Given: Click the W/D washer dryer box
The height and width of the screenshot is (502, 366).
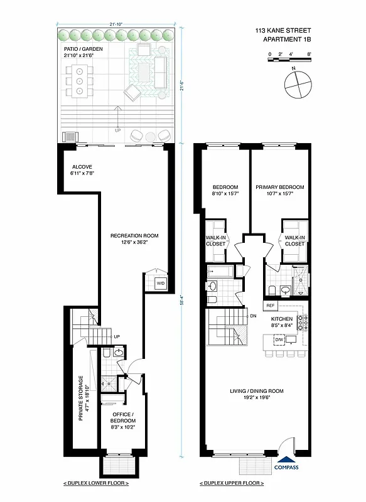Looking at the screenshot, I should pos(161,284).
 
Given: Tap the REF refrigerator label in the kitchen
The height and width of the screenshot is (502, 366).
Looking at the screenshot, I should pos(271,306).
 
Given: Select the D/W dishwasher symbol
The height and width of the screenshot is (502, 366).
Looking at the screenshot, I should pos(279,339).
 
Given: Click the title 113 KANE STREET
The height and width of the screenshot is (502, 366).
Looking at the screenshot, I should pos(283,30).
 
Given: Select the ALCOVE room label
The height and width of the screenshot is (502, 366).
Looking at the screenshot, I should pos(82,167).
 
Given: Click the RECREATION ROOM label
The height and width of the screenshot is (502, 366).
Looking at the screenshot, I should pos(134,236).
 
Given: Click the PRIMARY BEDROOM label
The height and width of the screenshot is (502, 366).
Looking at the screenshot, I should pos(280,187).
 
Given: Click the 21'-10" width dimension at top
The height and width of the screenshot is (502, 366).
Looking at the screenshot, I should pos(116,24).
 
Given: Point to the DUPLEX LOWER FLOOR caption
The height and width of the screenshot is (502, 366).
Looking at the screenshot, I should pos(96,483).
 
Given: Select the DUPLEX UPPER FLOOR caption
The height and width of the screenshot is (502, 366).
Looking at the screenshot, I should pos(232,483).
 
